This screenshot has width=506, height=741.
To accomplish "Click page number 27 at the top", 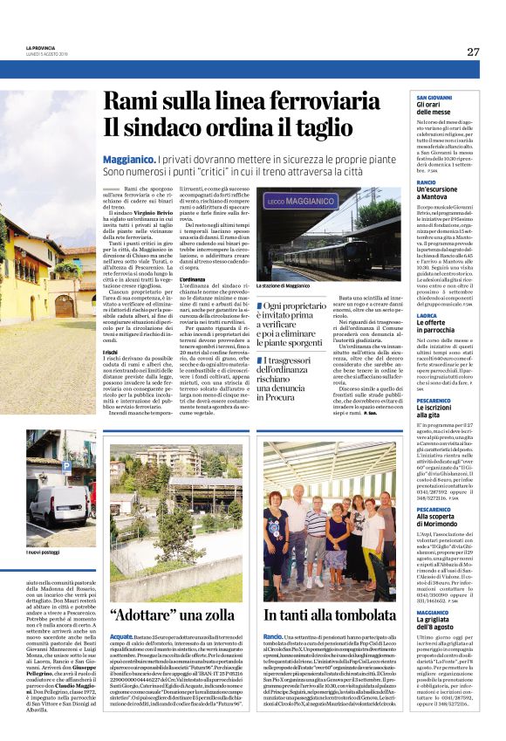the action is coord(473,51).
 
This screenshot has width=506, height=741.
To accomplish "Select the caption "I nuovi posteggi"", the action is coord(46,552).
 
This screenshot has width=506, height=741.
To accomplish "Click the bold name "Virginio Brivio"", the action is coord(160,212).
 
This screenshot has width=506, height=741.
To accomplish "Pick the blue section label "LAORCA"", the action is coord(427,315).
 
